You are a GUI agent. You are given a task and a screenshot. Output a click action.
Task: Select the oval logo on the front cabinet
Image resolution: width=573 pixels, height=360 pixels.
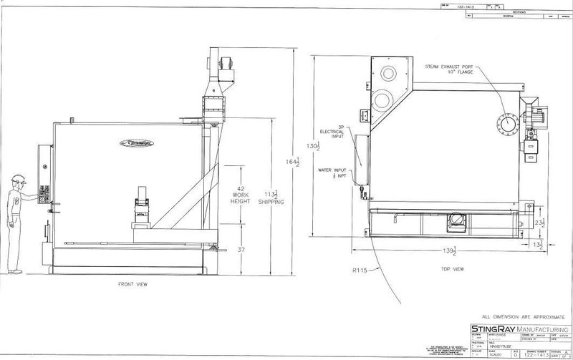point(135,142)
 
